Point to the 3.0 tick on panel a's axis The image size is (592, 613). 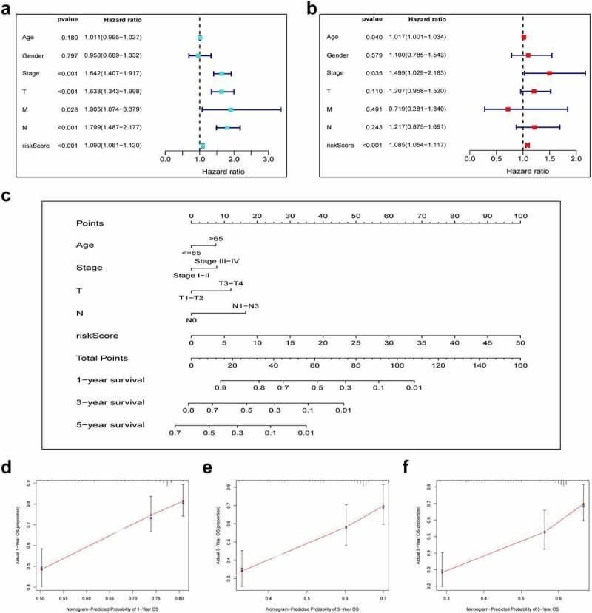tap(268, 159)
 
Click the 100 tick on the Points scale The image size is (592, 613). tap(520, 216)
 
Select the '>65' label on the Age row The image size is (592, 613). tap(216, 239)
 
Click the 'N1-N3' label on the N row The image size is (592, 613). tap(246, 305)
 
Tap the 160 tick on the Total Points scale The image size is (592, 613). tap(520, 365)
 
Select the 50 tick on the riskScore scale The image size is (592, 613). tap(520, 342)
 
